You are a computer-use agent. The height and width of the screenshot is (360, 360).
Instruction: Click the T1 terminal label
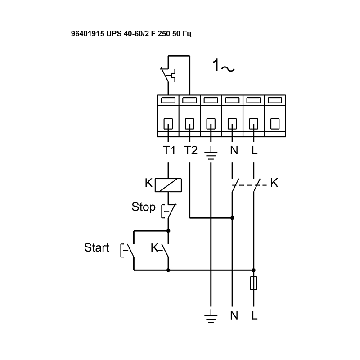(x=168, y=150)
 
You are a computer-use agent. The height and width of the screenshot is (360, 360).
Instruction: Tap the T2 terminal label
(x=190, y=150)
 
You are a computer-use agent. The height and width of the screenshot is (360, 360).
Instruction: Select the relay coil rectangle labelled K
(x=168, y=184)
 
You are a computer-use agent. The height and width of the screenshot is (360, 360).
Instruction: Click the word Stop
(x=144, y=207)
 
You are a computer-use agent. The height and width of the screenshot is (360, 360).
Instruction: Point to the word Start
(x=97, y=247)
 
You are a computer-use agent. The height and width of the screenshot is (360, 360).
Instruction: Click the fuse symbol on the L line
(x=254, y=283)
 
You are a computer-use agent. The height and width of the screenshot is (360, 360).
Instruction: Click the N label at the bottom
(x=233, y=315)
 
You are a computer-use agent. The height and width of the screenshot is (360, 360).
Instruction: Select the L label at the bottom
(x=255, y=315)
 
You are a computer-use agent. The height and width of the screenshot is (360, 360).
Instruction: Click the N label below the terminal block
(x=233, y=150)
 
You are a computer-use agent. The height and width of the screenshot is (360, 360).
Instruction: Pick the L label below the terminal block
(x=255, y=150)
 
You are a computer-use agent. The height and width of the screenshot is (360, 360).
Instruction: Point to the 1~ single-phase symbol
(x=223, y=67)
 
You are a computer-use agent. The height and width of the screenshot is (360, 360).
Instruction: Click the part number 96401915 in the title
(x=88, y=33)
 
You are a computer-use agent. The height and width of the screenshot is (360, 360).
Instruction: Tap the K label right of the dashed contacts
(x=274, y=183)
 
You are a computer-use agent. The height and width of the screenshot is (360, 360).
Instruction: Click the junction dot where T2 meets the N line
(x=232, y=218)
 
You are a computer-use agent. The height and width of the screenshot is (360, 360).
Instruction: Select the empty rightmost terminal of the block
(x=274, y=122)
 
